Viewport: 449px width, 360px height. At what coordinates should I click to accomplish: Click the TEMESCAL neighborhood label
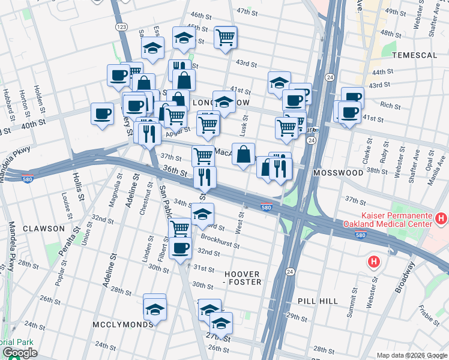pos(414,55)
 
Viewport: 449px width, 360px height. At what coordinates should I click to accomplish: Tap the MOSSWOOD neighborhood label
pos(338,173)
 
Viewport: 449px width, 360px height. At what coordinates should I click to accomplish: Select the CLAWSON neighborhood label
pos(43,229)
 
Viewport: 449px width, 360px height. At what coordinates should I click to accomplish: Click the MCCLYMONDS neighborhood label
pos(122,324)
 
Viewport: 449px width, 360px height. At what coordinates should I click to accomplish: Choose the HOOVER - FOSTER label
pos(243,277)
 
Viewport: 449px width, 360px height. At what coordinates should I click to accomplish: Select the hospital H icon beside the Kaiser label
pos(442,217)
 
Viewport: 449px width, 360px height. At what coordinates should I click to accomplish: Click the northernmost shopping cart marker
pos(225,38)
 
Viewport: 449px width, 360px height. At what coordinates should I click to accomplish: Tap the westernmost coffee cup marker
pos(102,113)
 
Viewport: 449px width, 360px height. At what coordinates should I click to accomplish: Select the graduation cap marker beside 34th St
pos(203,214)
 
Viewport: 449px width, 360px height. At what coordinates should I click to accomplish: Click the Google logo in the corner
pos(20,353)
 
